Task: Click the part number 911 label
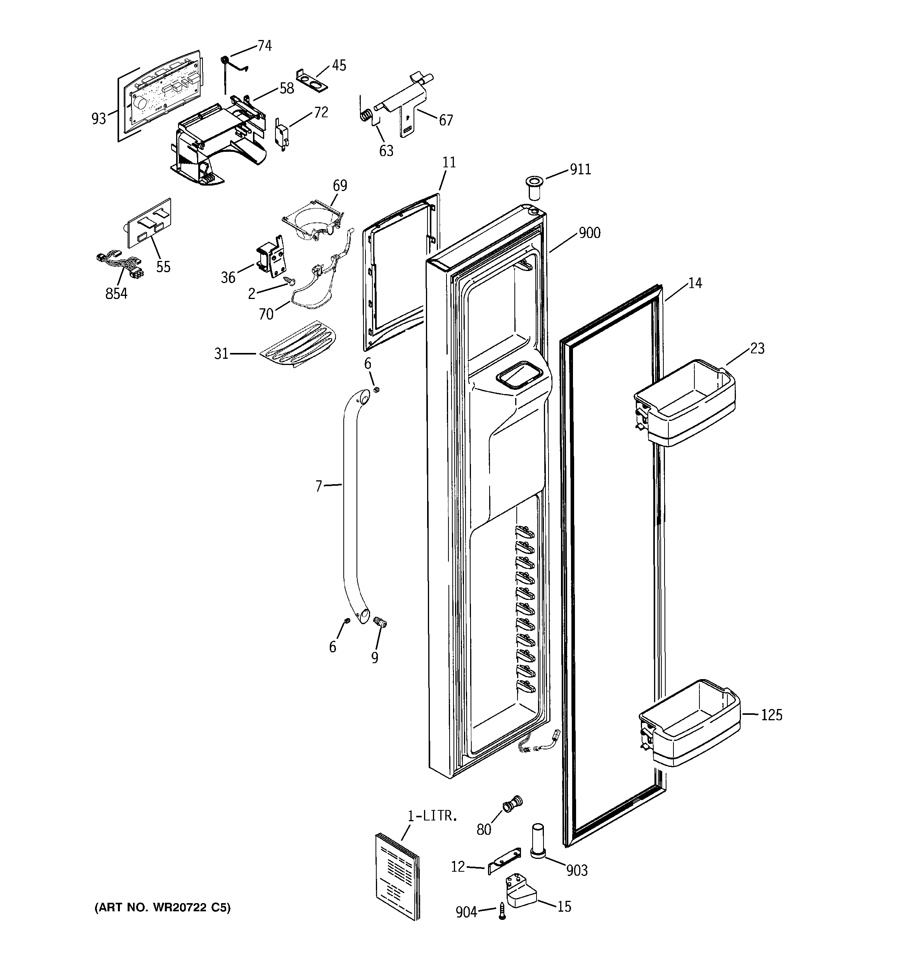580,170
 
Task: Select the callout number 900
589,233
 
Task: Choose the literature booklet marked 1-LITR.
397,875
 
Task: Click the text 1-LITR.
431,817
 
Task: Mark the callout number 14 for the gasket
695,283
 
